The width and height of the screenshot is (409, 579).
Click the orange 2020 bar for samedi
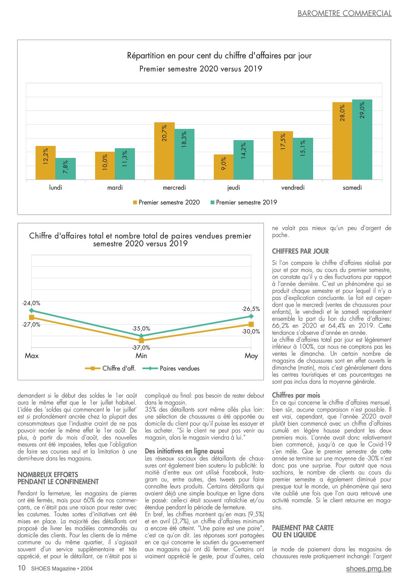coord(342,141)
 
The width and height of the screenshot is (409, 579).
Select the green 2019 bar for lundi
coord(66,169)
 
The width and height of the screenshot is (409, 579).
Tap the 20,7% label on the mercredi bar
coord(164,133)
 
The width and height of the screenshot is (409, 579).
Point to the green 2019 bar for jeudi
coord(244,160)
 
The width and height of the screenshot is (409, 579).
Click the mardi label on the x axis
coord(115,187)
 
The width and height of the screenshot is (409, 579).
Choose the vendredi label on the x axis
coord(293,187)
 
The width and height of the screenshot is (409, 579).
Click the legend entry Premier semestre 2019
coord(244,202)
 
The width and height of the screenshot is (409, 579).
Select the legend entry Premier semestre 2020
coord(166,202)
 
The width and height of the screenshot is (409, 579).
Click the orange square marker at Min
coord(141,341)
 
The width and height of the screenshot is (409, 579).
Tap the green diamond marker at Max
coord(31,310)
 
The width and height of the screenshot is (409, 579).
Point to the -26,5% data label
coord(251,309)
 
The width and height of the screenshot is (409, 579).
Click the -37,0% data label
coord(141,348)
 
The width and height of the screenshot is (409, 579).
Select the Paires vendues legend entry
coord(171,368)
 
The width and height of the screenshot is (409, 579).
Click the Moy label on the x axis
coord(251,356)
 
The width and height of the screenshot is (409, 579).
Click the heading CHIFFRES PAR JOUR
coord(300,251)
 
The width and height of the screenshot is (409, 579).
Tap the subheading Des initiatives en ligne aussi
coord(184,451)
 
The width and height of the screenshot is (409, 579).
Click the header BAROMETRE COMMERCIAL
coord(344,14)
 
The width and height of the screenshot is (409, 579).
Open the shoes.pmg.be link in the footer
coord(369,569)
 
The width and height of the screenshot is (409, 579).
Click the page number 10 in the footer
coord(21,568)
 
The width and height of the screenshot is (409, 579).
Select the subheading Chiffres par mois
coord(296,395)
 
